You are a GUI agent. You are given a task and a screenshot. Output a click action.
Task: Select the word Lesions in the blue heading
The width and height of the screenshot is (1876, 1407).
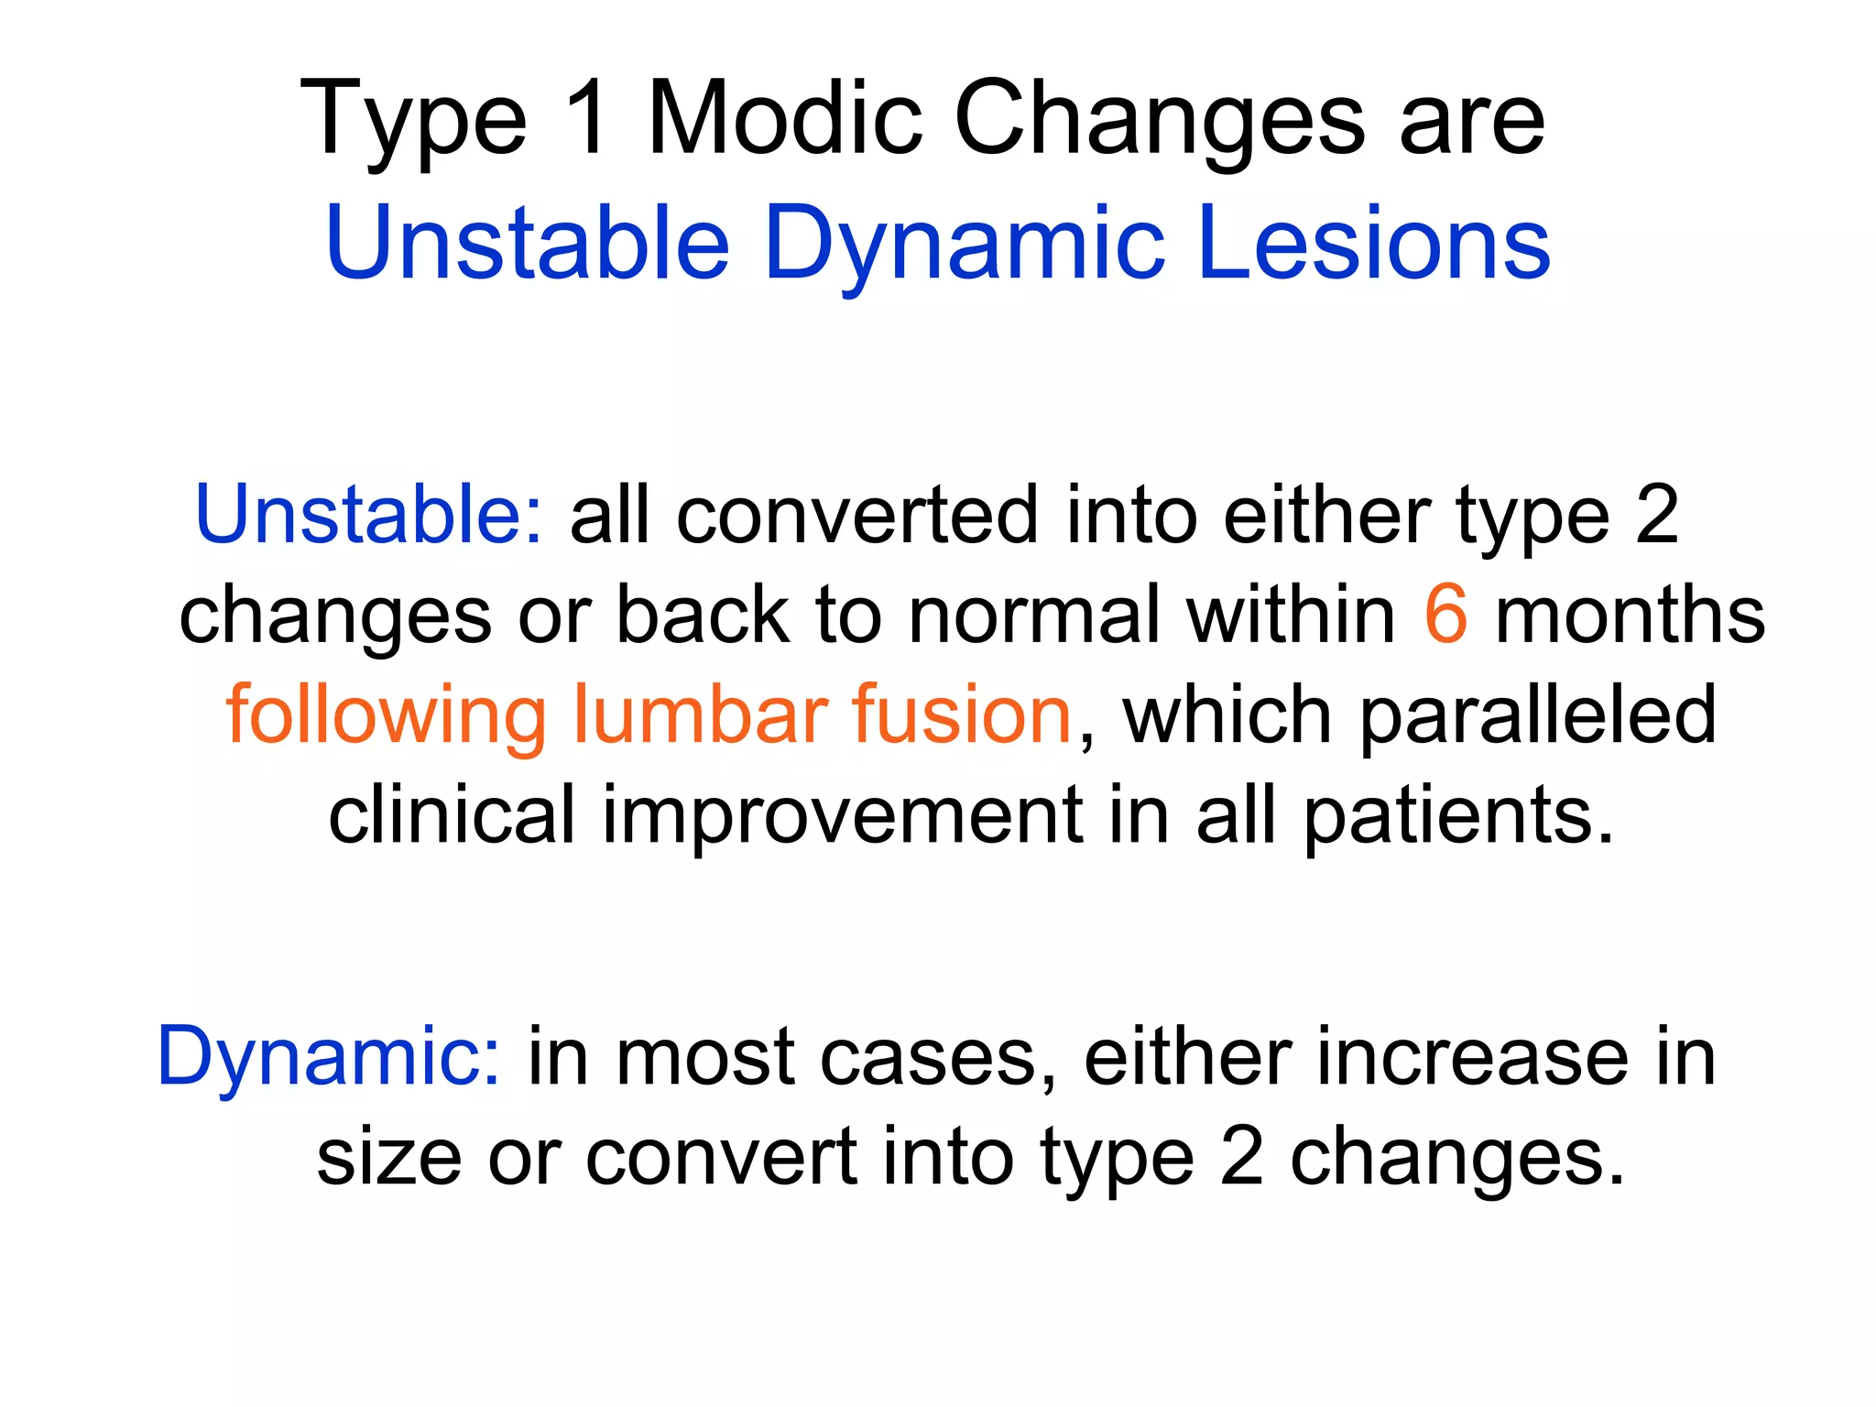1373,243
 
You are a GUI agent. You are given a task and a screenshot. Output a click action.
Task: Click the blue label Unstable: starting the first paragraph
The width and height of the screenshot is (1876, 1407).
369,515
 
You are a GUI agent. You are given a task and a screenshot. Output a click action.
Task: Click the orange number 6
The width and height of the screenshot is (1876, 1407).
1445,615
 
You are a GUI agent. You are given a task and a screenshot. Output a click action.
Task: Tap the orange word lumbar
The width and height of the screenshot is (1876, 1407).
700,714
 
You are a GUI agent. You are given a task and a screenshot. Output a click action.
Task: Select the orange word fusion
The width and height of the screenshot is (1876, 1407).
962,714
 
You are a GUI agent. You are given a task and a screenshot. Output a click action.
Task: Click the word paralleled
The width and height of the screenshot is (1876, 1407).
1537,714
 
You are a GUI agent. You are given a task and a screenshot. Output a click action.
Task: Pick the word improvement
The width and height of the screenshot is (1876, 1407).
842,815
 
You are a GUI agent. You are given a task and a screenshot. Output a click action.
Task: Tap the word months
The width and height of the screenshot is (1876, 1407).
1630,615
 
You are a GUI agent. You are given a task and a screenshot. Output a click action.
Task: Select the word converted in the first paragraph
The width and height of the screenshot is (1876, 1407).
857,515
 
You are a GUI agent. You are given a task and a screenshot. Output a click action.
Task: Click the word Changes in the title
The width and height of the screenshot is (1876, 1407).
1160,119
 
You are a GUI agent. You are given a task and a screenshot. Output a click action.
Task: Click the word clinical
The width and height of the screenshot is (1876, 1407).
452,815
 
